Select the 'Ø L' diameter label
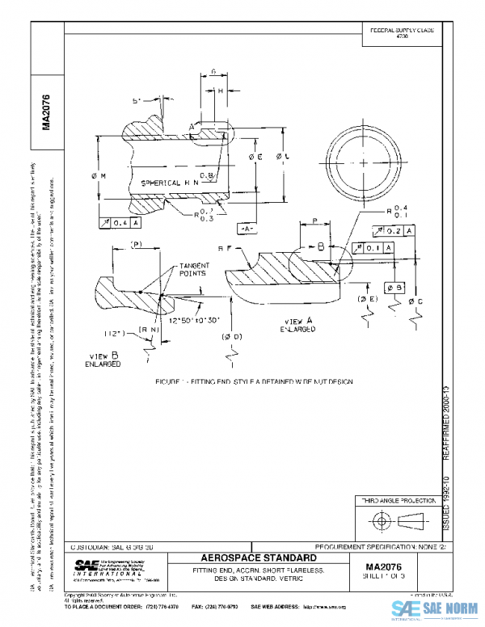(280, 156)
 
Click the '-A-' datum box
(247, 229)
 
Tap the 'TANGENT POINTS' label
(194, 270)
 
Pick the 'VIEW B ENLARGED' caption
(103, 360)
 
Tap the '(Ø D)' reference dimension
(234, 335)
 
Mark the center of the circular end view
(363, 162)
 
